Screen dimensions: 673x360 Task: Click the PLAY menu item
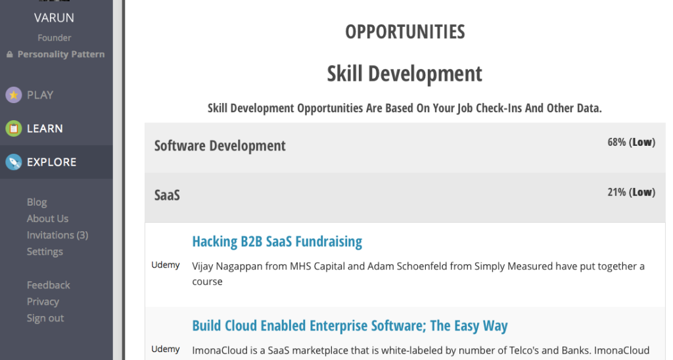(40, 95)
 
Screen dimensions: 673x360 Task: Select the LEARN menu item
(45, 128)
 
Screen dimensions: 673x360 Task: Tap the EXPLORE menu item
(51, 162)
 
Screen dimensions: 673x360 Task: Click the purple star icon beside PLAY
(14, 95)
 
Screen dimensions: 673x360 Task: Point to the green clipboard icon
(14, 128)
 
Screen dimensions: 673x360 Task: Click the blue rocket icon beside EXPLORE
(14, 162)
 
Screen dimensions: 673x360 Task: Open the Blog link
(37, 202)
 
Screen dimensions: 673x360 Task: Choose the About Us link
(47, 218)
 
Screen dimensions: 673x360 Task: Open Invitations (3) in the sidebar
(58, 235)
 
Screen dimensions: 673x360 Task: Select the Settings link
(45, 252)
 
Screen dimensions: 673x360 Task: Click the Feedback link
(48, 285)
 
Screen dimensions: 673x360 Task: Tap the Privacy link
(43, 302)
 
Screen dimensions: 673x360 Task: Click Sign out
(45, 318)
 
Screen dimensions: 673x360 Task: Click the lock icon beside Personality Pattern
(9, 55)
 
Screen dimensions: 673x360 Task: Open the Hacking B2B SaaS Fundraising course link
(277, 242)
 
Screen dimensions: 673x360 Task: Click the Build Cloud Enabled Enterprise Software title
(350, 326)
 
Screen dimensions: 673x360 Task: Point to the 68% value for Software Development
(616, 142)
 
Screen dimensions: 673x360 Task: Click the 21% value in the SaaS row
(616, 192)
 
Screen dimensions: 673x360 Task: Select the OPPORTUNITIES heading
(405, 32)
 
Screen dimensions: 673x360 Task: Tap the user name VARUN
(54, 18)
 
